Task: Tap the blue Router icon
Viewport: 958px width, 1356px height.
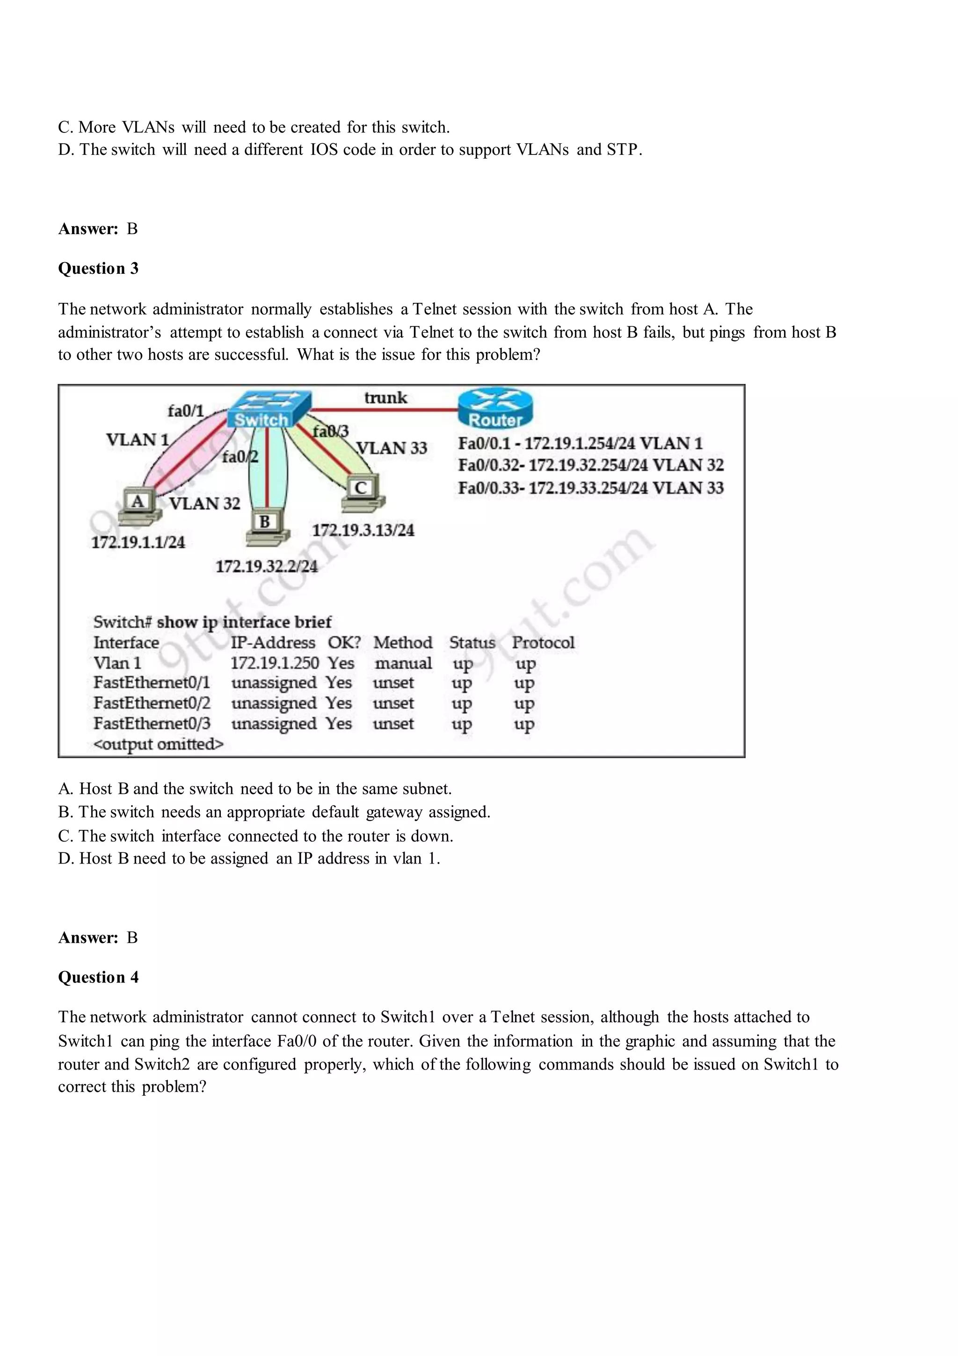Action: (x=495, y=408)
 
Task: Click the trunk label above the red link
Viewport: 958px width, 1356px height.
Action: (x=385, y=397)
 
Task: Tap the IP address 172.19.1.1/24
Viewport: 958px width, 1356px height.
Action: (x=138, y=542)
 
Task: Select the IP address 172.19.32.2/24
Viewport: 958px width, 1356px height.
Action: (x=266, y=567)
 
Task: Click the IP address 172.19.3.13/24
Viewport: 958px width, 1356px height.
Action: (x=363, y=530)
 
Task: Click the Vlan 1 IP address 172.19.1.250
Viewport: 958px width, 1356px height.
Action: (x=275, y=663)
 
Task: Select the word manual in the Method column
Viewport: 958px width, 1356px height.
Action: (x=403, y=663)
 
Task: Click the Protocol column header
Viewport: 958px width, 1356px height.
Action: (x=543, y=643)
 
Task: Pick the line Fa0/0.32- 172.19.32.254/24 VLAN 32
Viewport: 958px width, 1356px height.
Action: (x=590, y=465)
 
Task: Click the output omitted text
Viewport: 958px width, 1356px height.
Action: (x=159, y=744)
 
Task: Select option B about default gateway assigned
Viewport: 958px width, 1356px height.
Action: (x=274, y=812)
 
